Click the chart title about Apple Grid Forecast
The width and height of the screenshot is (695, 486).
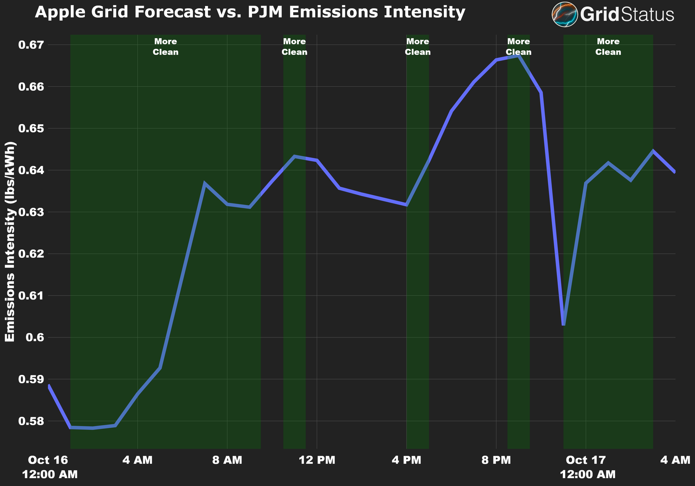point(250,12)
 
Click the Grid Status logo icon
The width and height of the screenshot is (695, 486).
point(565,14)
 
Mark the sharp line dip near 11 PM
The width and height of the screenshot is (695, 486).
point(563,324)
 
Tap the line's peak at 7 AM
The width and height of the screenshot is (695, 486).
point(205,183)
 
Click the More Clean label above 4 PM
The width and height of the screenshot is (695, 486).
point(417,47)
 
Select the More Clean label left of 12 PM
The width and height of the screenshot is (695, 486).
point(294,47)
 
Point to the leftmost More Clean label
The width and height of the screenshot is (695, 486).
point(165,47)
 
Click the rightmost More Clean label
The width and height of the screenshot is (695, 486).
point(608,47)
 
